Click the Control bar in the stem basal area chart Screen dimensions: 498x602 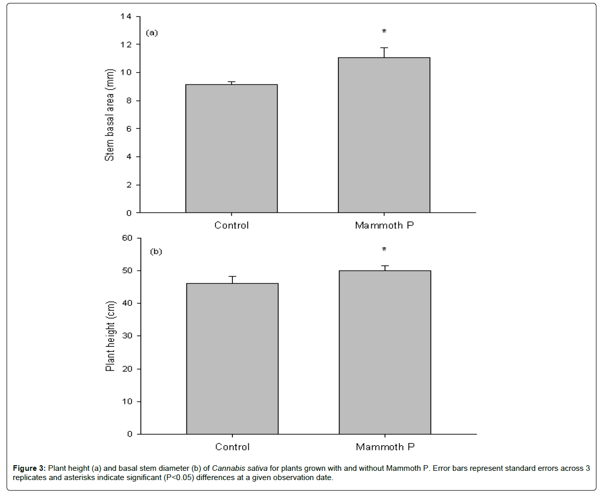[231, 149]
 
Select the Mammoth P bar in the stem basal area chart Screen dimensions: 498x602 [384, 135]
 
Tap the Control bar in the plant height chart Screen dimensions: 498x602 [232, 359]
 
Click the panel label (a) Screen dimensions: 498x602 [152, 33]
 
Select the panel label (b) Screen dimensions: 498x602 [156, 252]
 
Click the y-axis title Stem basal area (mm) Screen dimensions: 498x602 [110, 115]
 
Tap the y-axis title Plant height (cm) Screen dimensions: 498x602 [110, 336]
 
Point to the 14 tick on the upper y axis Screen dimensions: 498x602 [126, 16]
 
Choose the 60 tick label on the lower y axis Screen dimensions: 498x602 [127, 238]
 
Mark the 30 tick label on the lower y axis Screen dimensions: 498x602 [127, 336]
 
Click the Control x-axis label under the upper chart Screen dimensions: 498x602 [231, 225]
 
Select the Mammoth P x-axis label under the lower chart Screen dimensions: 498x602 [385, 447]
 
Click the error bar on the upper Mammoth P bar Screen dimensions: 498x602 [384, 52]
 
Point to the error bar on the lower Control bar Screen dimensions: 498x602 [232, 280]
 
